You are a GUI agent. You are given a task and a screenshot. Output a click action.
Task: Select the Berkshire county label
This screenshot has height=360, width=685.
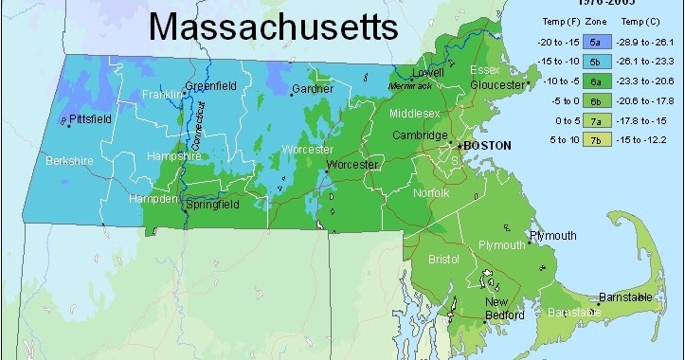[x=70, y=161]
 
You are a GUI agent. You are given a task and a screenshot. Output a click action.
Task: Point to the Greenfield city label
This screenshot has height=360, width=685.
[x=210, y=86]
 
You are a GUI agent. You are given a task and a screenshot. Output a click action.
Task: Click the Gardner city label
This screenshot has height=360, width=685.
[x=312, y=89]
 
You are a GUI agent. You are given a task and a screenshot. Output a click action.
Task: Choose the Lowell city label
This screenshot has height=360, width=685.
[x=426, y=72]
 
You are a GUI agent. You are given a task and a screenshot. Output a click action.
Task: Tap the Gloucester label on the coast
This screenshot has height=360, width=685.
[x=497, y=83]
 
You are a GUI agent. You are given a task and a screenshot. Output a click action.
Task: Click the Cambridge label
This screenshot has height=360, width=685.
[x=420, y=135]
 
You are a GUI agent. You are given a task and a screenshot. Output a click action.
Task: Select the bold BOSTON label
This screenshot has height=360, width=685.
[x=487, y=146]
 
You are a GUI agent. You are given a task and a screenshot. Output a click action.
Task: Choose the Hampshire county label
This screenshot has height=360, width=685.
[x=173, y=158]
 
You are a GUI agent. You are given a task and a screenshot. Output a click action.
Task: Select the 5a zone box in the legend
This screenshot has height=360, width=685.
[x=596, y=43]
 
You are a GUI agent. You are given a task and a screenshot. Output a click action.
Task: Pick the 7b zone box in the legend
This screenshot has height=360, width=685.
[x=596, y=140]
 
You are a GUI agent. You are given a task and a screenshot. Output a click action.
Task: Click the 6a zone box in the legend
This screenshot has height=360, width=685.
[x=596, y=81]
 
